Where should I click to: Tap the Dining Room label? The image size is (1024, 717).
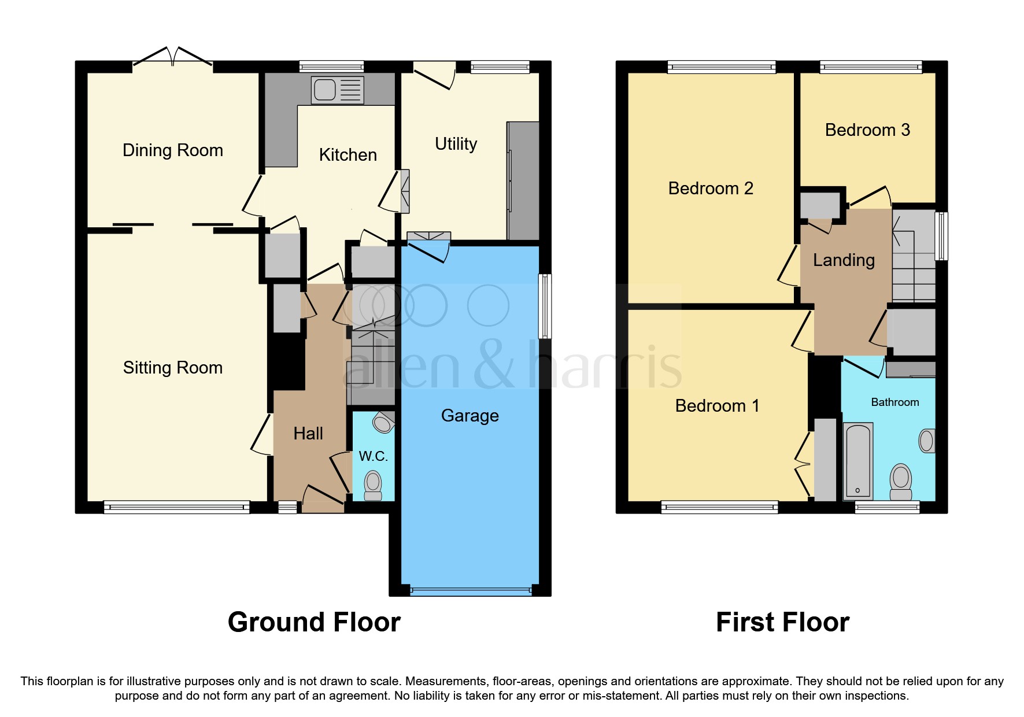click(x=172, y=150)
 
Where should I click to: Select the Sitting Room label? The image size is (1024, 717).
click(x=172, y=368)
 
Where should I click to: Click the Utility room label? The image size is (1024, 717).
click(x=456, y=143)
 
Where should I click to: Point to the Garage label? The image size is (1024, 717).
click(x=470, y=416)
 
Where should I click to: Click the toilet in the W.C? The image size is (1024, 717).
click(x=373, y=485)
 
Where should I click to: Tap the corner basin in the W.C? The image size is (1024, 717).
click(x=383, y=423)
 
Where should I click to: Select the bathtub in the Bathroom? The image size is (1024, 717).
click(x=858, y=460)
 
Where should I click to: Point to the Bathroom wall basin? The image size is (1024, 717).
click(x=927, y=441)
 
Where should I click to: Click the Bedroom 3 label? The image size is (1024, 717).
click(x=867, y=130)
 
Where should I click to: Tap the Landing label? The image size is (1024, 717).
click(x=843, y=260)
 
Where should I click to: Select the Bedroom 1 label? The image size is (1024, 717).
click(x=716, y=406)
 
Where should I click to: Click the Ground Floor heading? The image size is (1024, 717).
click(x=314, y=622)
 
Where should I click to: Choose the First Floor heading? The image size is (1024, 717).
click(x=782, y=622)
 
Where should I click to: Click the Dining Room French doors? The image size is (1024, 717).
click(x=173, y=58)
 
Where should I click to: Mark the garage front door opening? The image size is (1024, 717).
click(x=471, y=591)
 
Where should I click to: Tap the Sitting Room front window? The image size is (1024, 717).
click(x=176, y=508)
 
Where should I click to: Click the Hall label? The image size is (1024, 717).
click(x=308, y=434)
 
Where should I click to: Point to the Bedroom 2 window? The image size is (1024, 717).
click(x=721, y=67)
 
